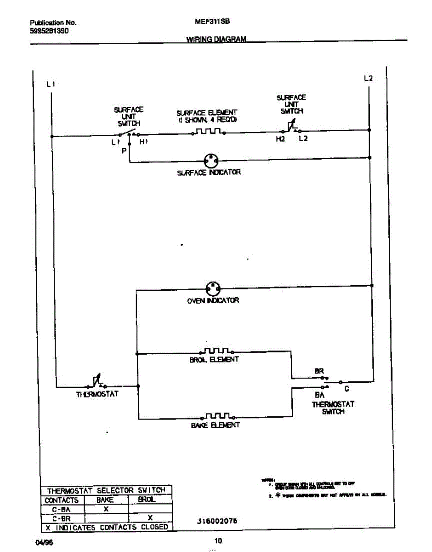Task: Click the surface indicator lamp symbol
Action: (x=211, y=161)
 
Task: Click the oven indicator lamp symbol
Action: (x=212, y=288)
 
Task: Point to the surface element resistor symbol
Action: (x=209, y=132)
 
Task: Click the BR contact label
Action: (x=319, y=371)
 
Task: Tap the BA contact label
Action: (x=320, y=395)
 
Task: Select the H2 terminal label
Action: (x=280, y=139)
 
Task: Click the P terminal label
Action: (x=124, y=151)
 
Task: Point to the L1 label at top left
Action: (x=51, y=84)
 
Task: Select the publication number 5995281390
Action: (x=49, y=31)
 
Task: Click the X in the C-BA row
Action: (x=106, y=509)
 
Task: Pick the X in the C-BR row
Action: (x=150, y=518)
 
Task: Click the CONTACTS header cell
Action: (x=62, y=500)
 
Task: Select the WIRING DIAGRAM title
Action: (x=216, y=40)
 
